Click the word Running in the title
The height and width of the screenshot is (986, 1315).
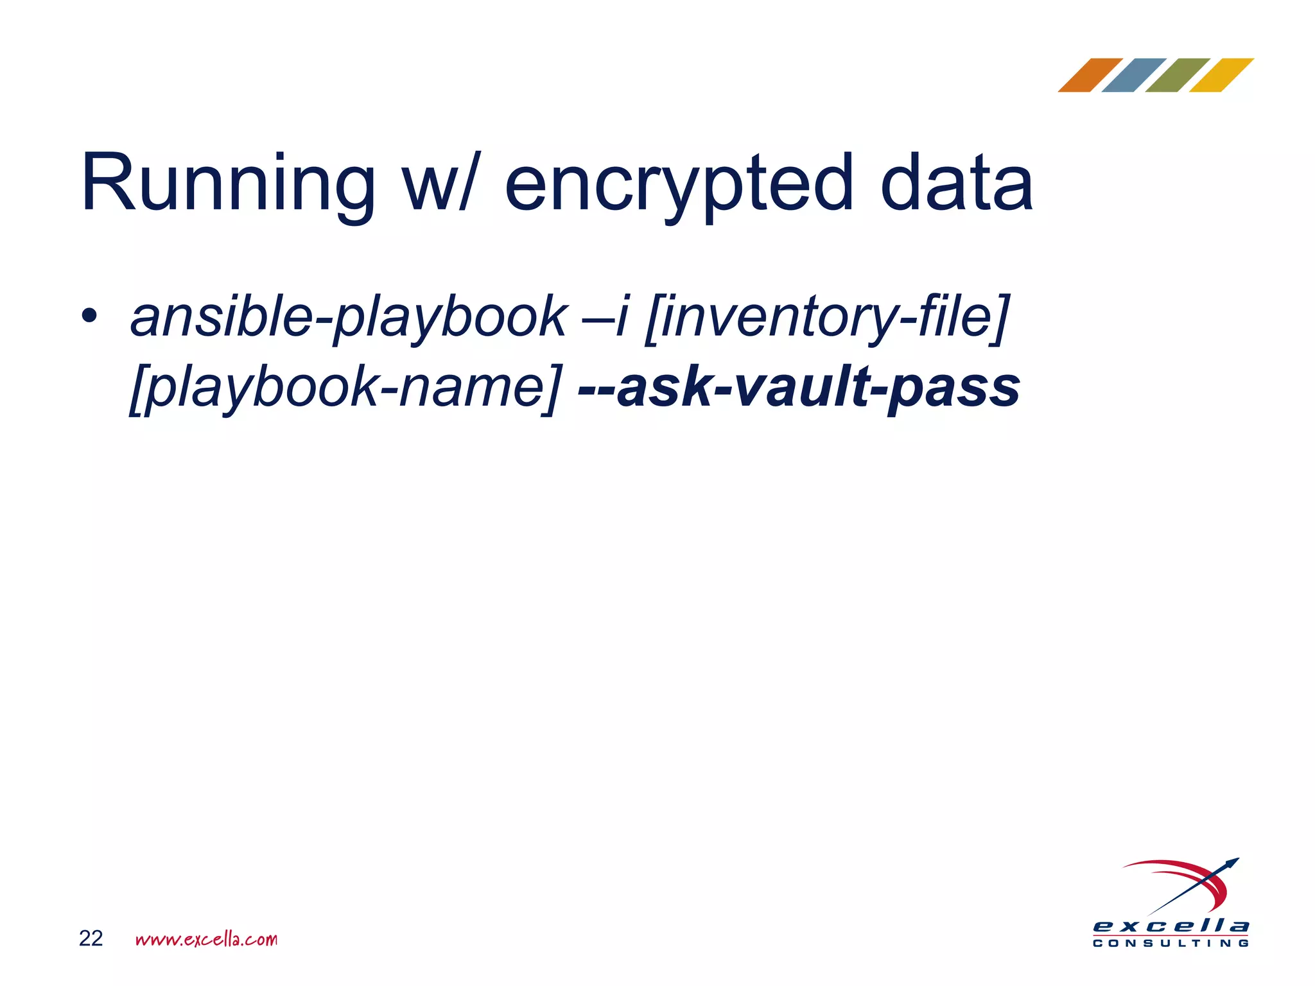(228, 184)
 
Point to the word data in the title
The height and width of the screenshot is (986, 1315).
(956, 184)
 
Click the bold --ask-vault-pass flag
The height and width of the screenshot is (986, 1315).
(799, 388)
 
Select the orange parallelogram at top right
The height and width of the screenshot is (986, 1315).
(1091, 75)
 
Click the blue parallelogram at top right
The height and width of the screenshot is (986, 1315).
(1134, 75)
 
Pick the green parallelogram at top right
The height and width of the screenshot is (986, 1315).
(1178, 75)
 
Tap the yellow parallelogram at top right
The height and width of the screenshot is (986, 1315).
(1221, 75)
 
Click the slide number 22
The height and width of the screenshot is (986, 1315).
(91, 938)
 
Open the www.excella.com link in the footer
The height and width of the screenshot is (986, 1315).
(206, 939)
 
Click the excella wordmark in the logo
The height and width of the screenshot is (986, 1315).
(1171, 926)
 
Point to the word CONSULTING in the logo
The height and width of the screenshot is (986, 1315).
(1171, 944)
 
